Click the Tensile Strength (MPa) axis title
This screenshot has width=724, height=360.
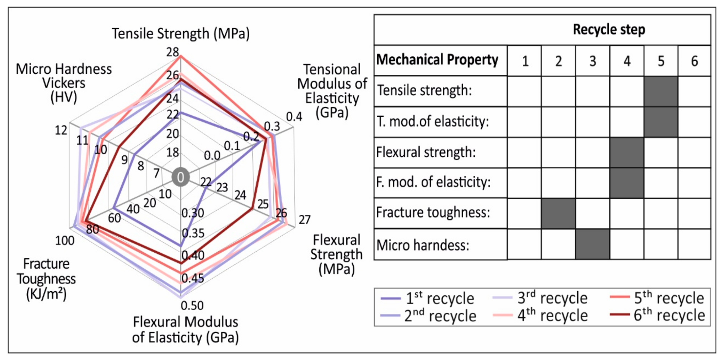[x=181, y=34]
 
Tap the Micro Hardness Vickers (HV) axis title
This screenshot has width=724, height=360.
[x=64, y=83]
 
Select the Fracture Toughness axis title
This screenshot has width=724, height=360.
[x=46, y=279]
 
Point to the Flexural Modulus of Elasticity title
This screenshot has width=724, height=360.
[x=185, y=329]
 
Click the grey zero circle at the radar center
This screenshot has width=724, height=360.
[x=181, y=177]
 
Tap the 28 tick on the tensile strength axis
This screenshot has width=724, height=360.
[x=173, y=52]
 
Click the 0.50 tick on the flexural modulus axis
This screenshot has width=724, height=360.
[x=192, y=305]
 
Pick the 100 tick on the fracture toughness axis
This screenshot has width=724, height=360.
[x=65, y=240]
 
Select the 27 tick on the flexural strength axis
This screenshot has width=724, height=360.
[x=305, y=219]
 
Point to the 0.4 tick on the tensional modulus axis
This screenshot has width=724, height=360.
[x=294, y=116]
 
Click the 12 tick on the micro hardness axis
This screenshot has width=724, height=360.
[x=61, y=130]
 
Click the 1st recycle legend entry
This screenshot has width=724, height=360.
[x=428, y=299]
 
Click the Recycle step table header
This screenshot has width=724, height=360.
[x=609, y=30]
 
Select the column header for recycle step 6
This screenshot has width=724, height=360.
[x=694, y=61]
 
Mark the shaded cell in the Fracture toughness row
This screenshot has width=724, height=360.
[x=558, y=213]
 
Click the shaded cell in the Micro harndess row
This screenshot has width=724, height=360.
[x=592, y=245]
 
